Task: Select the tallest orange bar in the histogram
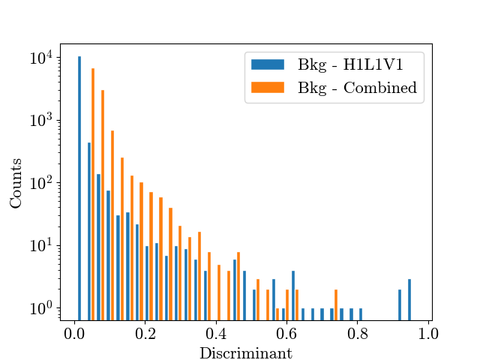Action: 92,195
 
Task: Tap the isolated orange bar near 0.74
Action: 336,304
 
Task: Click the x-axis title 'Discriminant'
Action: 245,352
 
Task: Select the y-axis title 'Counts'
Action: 16,182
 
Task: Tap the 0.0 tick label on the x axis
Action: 74,333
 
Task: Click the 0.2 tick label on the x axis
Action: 145,333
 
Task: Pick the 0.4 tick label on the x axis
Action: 217,333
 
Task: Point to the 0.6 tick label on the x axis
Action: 287,333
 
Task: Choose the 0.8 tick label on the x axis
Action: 358,333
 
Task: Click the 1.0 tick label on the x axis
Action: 429,333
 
